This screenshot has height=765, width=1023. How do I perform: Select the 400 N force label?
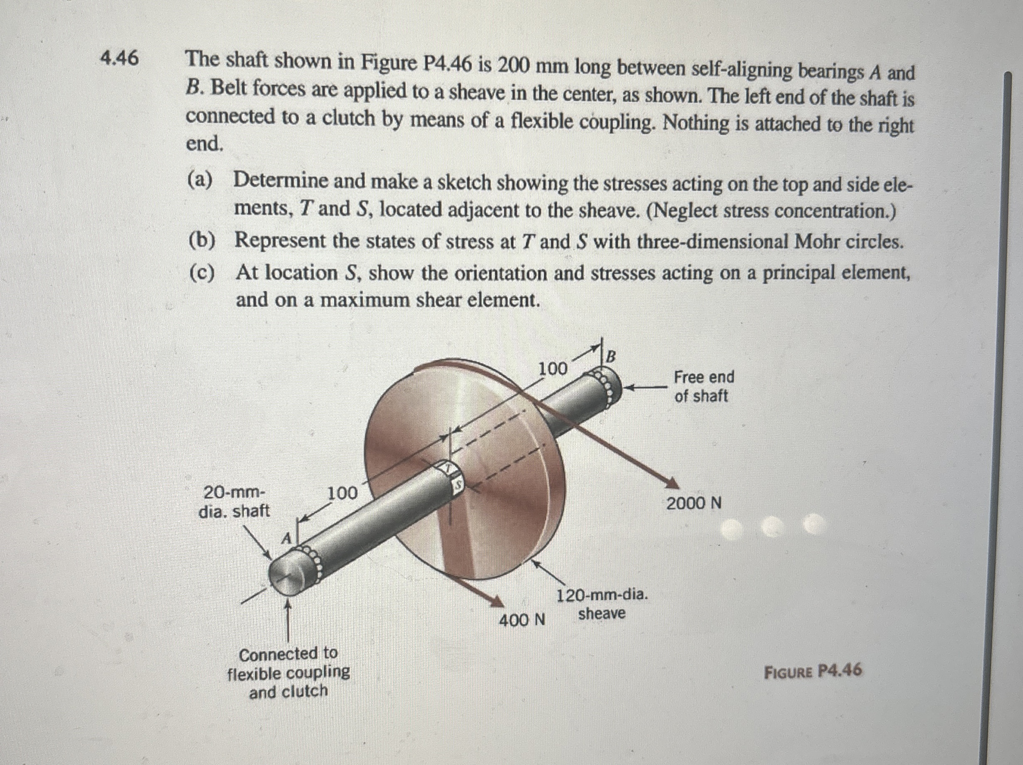[522, 619]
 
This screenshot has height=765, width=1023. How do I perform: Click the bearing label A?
[287, 538]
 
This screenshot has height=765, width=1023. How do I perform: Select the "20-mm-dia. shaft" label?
[235, 501]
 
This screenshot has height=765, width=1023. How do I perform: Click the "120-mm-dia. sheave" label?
[602, 604]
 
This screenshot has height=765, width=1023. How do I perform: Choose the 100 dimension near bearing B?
[553, 369]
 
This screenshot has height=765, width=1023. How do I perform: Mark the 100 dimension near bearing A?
[343, 493]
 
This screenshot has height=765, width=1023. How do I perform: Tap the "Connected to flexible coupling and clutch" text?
[289, 672]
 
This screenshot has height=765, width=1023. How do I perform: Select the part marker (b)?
[202, 240]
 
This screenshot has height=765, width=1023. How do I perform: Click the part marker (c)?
[202, 273]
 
